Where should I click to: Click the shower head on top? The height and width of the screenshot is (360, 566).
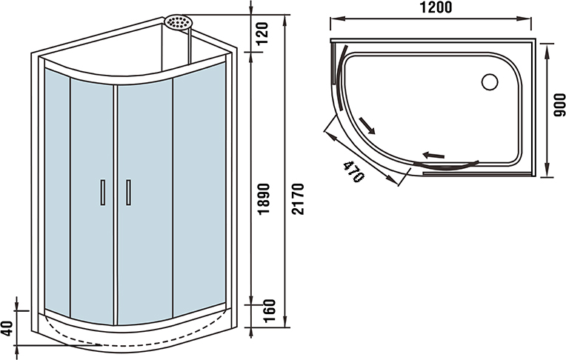[x=177, y=22]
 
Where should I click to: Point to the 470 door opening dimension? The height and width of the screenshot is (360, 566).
[x=354, y=173]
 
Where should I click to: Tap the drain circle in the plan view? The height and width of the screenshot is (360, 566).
[x=490, y=81]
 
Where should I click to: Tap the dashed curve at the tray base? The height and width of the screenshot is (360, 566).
[x=70, y=338]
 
